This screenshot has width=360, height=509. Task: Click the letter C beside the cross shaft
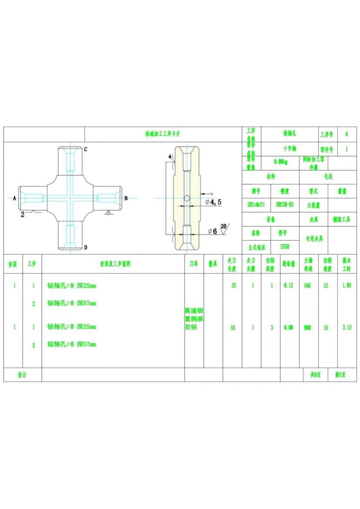(86, 149)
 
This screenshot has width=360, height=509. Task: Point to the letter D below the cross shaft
(86, 247)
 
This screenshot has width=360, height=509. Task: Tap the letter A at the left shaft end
(14, 198)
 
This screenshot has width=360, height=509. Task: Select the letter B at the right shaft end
(126, 198)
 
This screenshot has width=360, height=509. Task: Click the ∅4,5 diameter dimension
(213, 202)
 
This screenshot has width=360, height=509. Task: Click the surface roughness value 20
(223, 226)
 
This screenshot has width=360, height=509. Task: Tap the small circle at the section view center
(186, 198)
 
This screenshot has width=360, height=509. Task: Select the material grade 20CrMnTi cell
(256, 204)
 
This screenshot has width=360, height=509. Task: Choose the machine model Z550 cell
(284, 247)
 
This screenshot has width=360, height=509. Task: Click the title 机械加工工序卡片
(163, 134)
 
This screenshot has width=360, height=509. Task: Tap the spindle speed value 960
(307, 328)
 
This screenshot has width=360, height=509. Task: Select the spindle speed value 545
(307, 285)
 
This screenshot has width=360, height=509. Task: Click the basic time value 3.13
(347, 328)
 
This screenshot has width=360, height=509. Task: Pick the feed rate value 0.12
(288, 285)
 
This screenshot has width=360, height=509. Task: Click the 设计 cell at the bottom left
(22, 375)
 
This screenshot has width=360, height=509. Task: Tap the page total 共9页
(316, 375)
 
